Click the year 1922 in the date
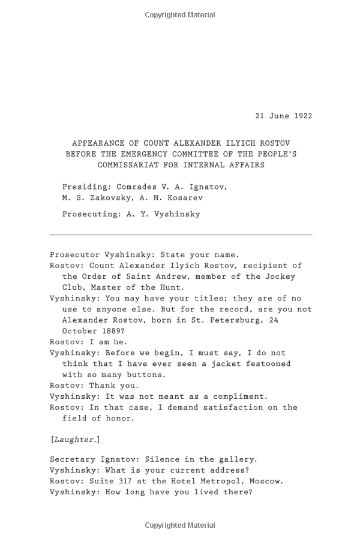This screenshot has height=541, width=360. pyautogui.click(x=302, y=116)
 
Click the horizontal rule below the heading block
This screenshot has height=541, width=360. pyautogui.click(x=181, y=235)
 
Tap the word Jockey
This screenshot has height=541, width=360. pyautogui.click(x=280, y=276)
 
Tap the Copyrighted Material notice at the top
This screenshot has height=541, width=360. pyautogui.click(x=180, y=15)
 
